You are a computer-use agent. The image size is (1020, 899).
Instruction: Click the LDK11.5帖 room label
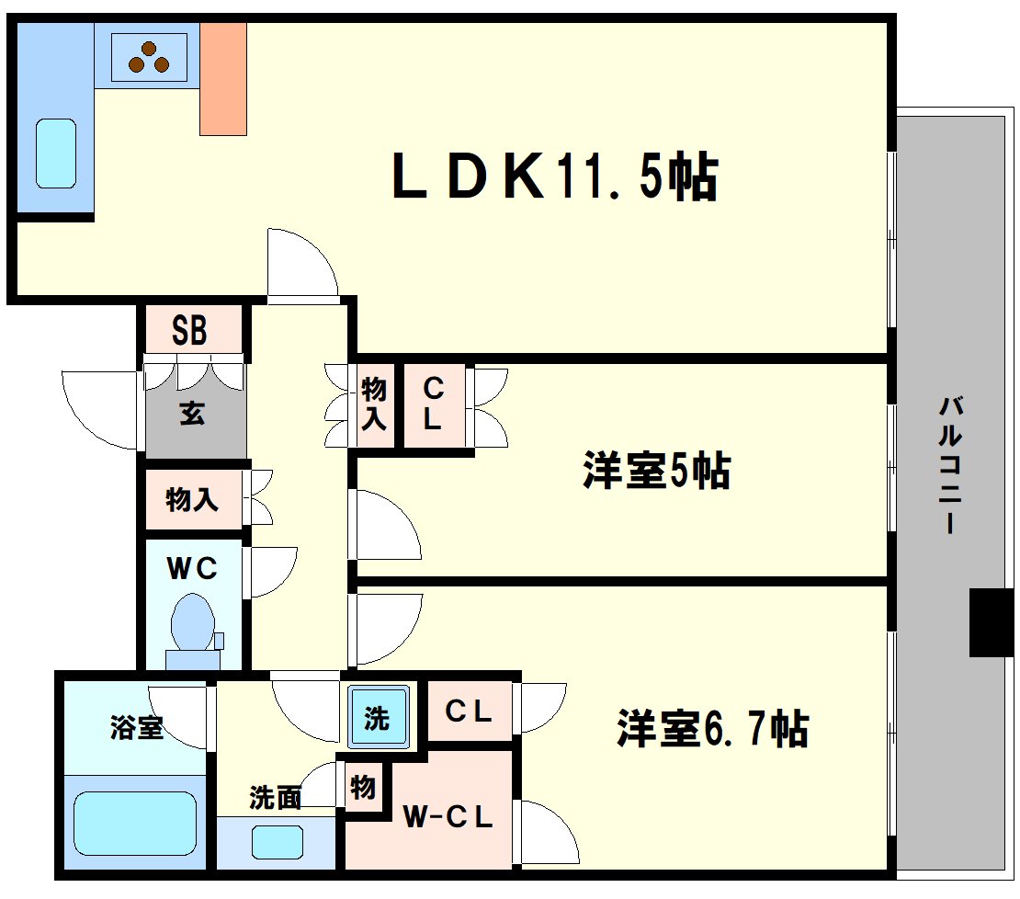(555, 176)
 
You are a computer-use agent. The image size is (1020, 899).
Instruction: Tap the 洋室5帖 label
(656, 470)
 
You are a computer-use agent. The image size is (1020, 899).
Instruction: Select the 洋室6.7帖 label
(712, 728)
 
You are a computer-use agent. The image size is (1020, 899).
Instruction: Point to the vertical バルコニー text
(950, 465)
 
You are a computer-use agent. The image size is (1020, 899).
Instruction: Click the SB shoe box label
(189, 330)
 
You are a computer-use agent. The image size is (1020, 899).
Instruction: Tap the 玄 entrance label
(193, 413)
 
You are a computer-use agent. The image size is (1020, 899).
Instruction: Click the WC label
(192, 569)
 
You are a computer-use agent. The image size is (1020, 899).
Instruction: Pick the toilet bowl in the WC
(193, 623)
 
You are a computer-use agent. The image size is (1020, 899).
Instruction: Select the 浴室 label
(137, 726)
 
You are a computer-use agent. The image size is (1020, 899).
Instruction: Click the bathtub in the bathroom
(135, 824)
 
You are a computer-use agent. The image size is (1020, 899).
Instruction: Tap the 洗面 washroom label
(275, 798)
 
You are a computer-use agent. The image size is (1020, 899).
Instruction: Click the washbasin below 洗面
(278, 842)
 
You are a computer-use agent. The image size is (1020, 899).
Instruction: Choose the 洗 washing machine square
(378, 716)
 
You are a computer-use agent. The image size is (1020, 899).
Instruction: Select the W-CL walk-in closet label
(448, 817)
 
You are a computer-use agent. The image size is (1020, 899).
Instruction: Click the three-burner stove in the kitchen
(149, 57)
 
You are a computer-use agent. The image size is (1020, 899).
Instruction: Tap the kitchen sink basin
(56, 154)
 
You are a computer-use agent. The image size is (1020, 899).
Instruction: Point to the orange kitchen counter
(223, 79)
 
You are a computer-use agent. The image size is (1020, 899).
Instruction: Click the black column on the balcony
(992, 622)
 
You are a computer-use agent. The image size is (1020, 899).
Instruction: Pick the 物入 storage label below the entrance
(192, 499)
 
